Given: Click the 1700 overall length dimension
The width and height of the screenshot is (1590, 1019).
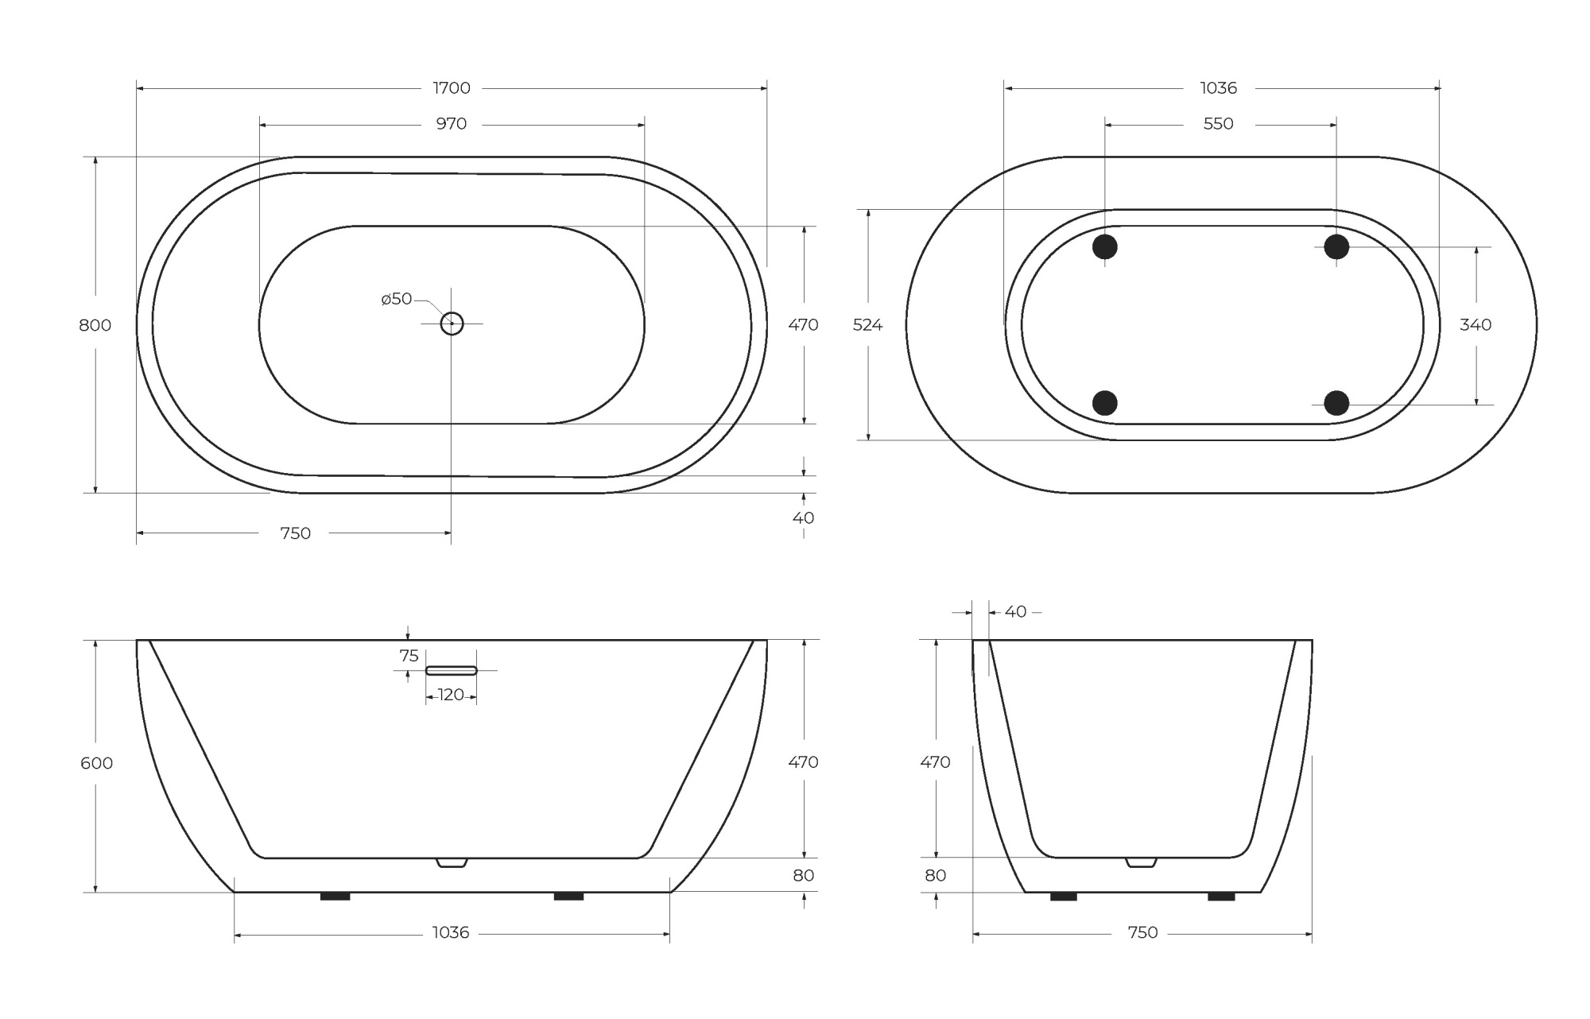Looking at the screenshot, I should coord(451,88).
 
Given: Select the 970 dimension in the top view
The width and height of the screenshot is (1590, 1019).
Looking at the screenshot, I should coord(451,124).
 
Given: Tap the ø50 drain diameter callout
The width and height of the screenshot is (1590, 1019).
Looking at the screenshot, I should coord(397,299).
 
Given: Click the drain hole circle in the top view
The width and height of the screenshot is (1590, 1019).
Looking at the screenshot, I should coord(452,324).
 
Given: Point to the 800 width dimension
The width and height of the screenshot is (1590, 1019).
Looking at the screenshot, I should coord(95,325).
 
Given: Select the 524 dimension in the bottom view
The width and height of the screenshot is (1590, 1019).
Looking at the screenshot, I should coord(867,325).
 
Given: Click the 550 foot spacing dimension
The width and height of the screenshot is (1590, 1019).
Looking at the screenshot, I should coord(1218,124).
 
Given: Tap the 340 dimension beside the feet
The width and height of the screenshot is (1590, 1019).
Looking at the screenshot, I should coord(1476,325).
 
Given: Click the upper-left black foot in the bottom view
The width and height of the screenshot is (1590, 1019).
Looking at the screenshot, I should coord(1104,246).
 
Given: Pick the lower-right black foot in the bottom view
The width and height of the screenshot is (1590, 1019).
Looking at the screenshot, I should coord(1336,403).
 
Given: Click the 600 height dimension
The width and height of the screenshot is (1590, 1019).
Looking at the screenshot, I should coord(96,763).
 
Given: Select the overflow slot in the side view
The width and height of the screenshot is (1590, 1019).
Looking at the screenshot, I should coord(451,671).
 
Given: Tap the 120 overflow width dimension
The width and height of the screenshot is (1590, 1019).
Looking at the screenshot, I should coord(451,695).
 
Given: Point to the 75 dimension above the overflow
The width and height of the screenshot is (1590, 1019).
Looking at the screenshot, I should coord(409,656).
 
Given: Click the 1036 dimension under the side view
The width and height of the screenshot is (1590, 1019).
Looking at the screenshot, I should coord(451,933).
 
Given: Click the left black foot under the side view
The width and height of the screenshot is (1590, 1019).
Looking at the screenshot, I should coord(335,897).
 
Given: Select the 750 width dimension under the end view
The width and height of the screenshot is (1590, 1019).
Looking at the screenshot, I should coord(1142,933).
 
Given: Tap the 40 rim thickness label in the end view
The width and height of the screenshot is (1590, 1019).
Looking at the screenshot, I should coord(1015,612).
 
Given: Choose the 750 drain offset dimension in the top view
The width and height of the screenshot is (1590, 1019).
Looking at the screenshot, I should coord(295,533).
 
